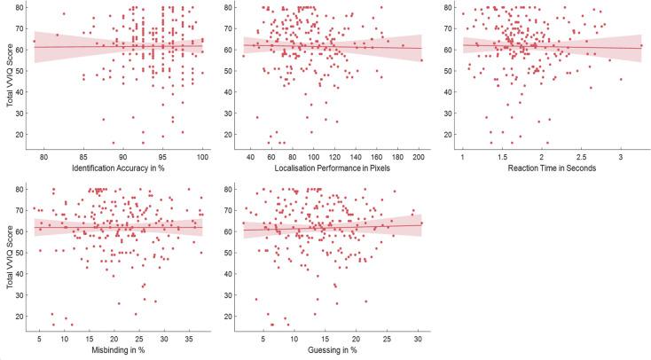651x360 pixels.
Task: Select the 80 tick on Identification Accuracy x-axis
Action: click(35, 155)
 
